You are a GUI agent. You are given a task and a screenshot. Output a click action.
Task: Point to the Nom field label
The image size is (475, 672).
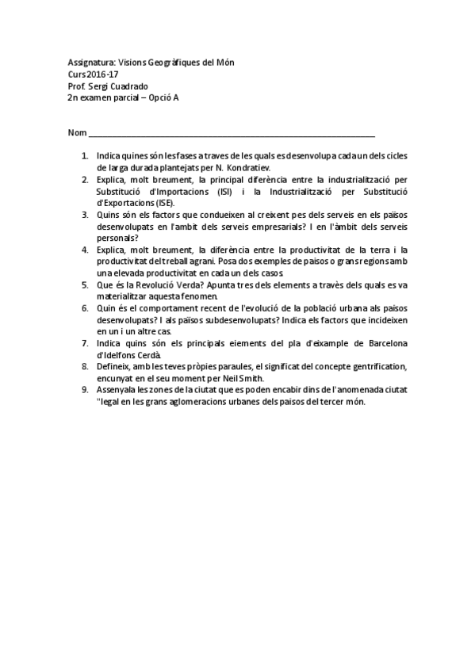pyautogui.click(x=77, y=132)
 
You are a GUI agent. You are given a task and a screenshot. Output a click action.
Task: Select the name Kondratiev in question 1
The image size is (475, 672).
pyautogui.click(x=248, y=168)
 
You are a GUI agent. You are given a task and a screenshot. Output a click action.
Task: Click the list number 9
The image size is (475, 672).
pyautogui.click(x=85, y=389)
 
